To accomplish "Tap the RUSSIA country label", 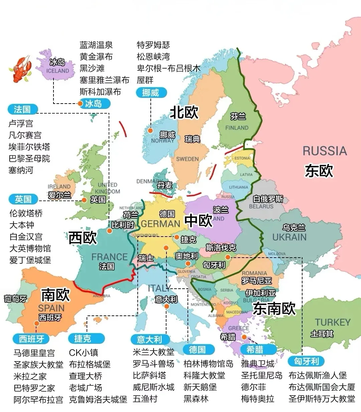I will point(325,151).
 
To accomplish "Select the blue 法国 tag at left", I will point(22,109).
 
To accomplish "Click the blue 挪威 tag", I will point(151,93).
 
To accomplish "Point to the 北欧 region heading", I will point(184,112).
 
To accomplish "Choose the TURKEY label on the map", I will point(332,322).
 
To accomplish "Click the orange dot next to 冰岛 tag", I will point(80,104).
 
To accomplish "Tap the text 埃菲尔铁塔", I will point(29,147).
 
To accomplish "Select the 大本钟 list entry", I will point(22,225).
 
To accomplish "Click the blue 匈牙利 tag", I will point(306,361).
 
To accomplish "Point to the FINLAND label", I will point(237,128).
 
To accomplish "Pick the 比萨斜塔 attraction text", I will point(149,375).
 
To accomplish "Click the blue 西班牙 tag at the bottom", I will point(31,339).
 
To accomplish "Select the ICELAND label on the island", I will point(57,71).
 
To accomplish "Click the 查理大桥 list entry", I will point(85,376).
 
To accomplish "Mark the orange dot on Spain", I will point(36,323).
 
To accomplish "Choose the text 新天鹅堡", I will point(200,387).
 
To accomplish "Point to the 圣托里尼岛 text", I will point(262,375).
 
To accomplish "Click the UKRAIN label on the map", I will point(289,237).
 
